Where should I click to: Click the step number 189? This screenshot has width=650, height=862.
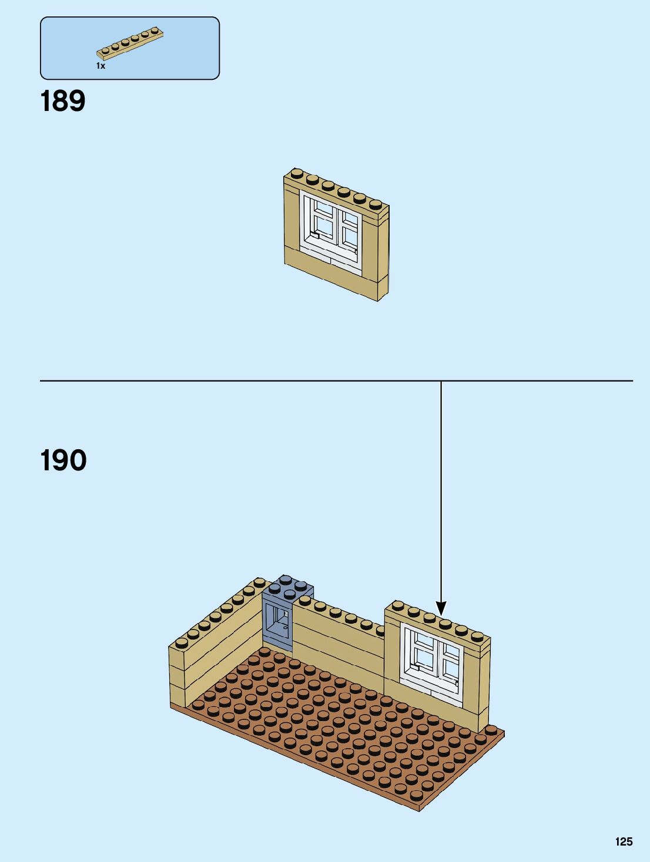pos(63,101)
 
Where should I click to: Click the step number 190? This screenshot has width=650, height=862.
pos(63,460)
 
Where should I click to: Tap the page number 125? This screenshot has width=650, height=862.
pos(624,841)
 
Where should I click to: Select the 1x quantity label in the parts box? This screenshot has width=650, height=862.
pos(100,66)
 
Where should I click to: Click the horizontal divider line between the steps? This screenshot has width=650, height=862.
pos(235,381)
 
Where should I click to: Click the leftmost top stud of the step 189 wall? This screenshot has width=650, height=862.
pos(297,173)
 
